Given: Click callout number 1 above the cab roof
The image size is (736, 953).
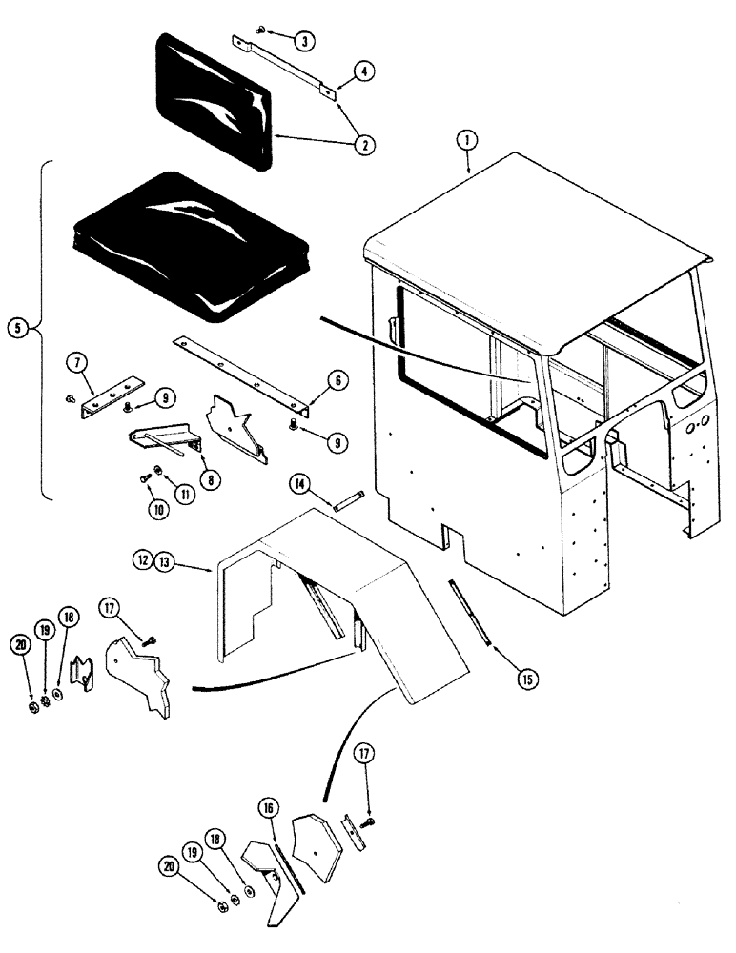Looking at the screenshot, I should pos(466,139).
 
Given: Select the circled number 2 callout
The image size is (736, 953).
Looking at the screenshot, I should pos(363,145).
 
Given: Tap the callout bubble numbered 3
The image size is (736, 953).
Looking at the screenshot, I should pos(302,41).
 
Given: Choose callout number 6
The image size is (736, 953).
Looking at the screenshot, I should pos(337,381).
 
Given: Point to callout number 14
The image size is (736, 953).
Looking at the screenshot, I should pos(300,487).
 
